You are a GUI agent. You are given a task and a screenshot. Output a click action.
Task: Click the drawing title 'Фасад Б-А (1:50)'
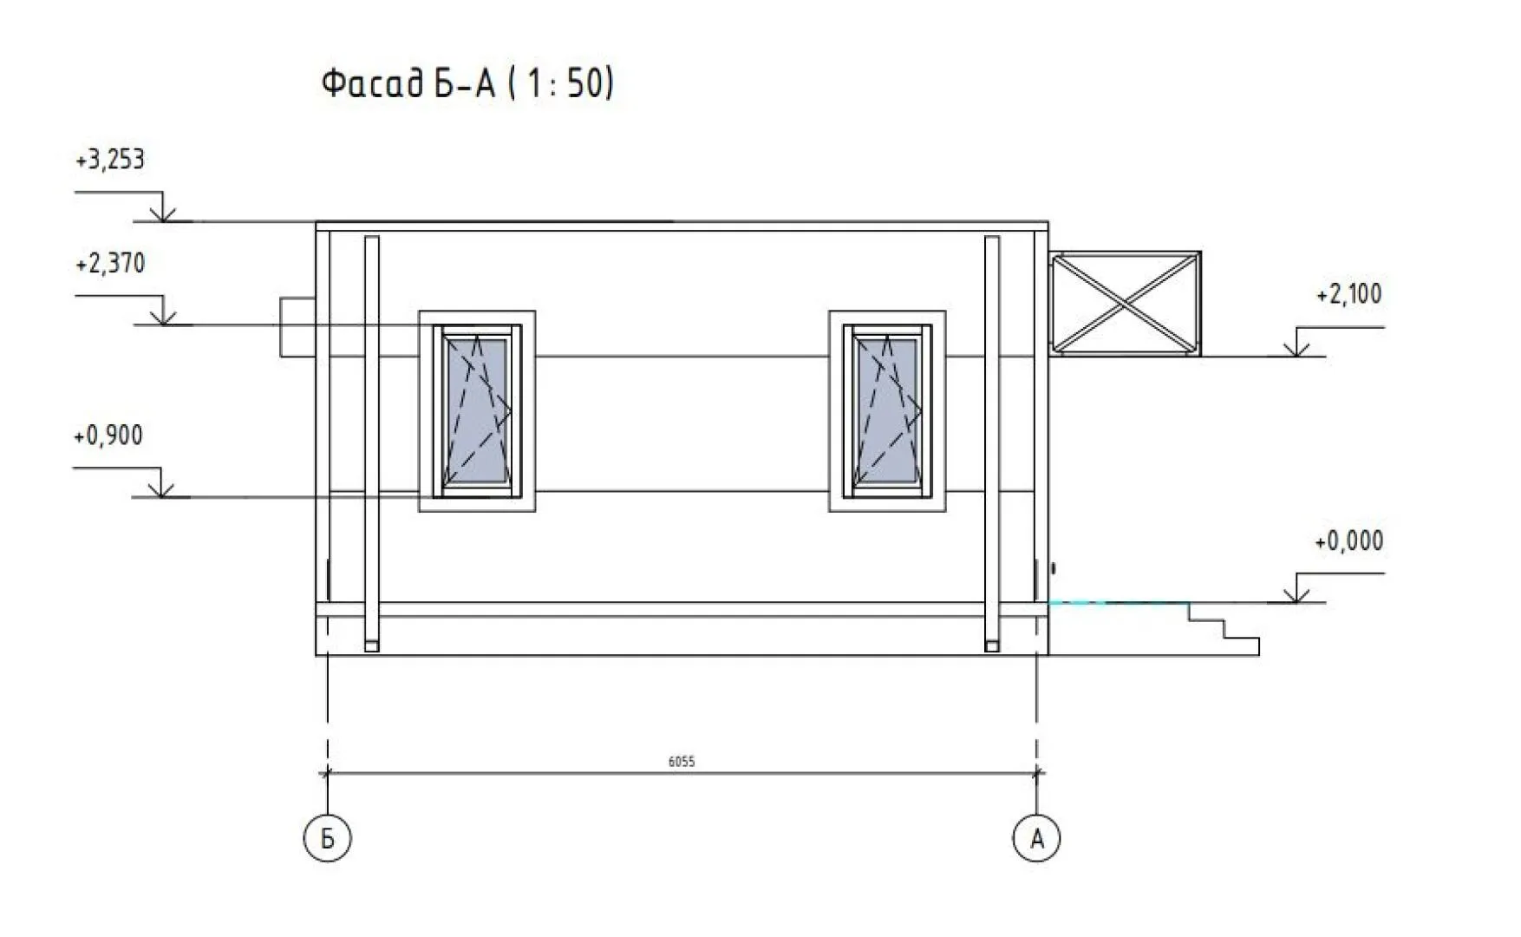(x=467, y=85)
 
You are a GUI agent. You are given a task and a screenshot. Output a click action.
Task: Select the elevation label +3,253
(x=110, y=161)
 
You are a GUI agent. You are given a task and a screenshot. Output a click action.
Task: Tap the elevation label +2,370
(x=110, y=264)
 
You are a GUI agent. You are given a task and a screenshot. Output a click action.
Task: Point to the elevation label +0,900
(x=108, y=436)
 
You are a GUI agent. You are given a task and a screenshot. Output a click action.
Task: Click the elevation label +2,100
(x=1349, y=295)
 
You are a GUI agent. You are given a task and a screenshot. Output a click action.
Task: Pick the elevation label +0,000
(x=1349, y=541)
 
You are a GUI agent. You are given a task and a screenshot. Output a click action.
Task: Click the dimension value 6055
(x=682, y=762)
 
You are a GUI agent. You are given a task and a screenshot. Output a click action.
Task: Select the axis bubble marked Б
(x=328, y=838)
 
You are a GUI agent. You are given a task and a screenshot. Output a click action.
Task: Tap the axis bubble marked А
(x=1036, y=838)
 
